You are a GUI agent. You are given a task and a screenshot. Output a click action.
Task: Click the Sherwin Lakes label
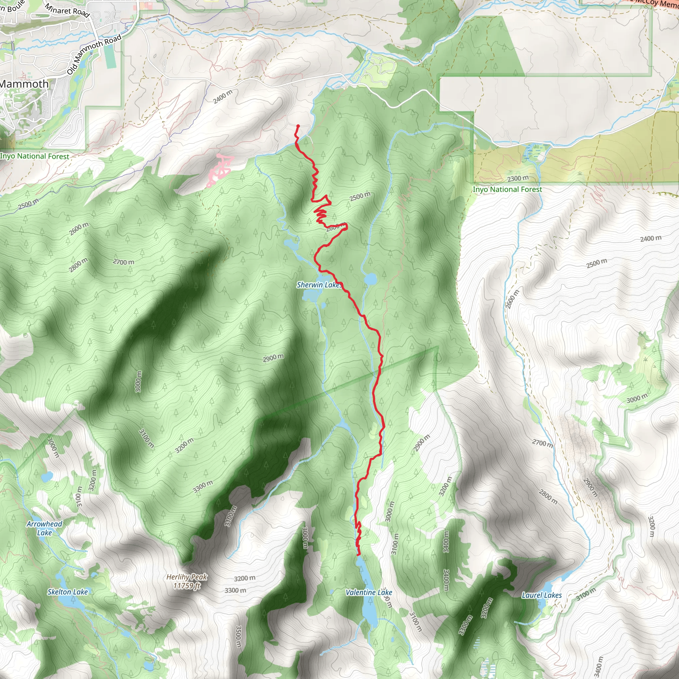pos(319,285)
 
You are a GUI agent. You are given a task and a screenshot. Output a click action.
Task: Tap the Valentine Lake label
pos(369,592)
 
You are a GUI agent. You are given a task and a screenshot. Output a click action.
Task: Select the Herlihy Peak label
pos(187,577)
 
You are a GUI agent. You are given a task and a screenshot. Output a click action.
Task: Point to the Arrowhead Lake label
pos(44,528)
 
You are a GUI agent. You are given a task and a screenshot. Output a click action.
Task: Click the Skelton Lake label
pos(68,592)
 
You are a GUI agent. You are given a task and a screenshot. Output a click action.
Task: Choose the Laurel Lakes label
pos(542,595)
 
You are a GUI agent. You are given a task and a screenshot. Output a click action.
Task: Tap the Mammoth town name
pos(24,84)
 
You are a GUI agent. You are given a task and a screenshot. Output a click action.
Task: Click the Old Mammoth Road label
pos(94,54)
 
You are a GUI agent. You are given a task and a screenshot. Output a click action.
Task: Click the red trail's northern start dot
pos(298,126)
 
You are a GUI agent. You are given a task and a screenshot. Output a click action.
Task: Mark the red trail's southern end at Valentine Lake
pos(359,555)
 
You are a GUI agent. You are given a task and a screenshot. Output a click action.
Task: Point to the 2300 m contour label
pos(518,179)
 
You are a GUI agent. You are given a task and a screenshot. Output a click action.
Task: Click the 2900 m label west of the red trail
pos(273,358)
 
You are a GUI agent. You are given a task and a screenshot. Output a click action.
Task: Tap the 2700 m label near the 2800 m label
pos(123,262)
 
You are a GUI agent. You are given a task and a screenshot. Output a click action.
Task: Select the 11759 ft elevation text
pos(187,586)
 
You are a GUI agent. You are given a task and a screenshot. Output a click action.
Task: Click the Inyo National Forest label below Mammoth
pos(34,156)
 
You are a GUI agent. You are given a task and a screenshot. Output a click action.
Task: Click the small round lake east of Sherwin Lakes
pos(370,279)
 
